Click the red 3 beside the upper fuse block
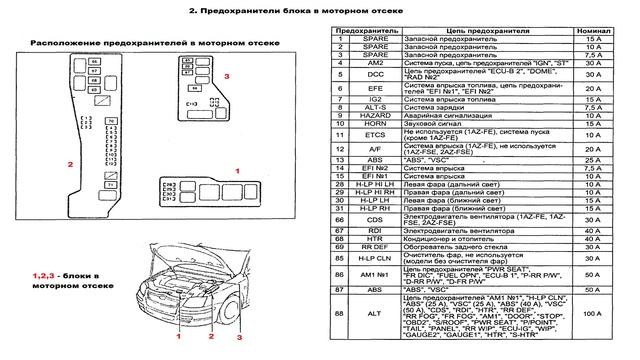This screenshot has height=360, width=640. click(226, 75)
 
